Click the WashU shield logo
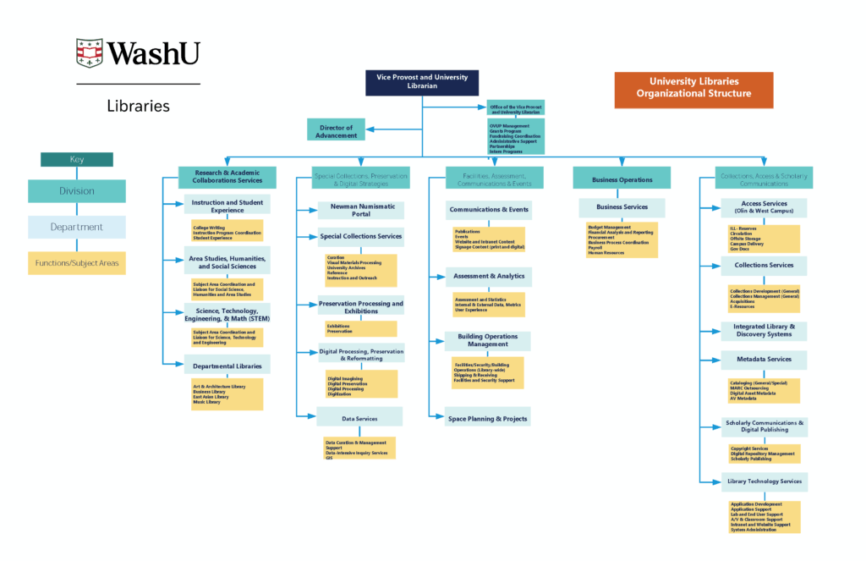click(89, 53)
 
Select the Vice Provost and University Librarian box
click(422, 82)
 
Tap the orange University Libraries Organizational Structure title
click(693, 88)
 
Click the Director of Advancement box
click(336, 130)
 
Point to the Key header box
click(77, 159)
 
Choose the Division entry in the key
click(77, 191)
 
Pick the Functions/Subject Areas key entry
click(77, 263)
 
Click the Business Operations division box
click(622, 179)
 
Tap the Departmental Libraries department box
click(227, 366)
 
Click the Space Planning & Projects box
click(488, 418)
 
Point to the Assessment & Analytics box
click(489, 276)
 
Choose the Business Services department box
click(622, 207)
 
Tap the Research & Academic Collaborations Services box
click(227, 177)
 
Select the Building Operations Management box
click(488, 340)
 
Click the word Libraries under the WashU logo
click(138, 107)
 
